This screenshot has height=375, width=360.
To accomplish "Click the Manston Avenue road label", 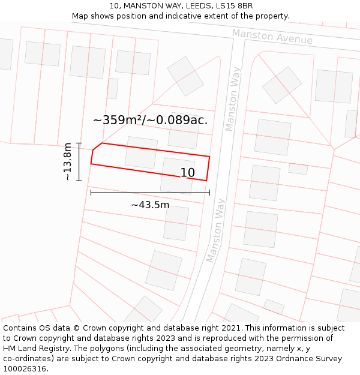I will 272,37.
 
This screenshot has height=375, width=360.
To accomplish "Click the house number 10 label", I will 188,173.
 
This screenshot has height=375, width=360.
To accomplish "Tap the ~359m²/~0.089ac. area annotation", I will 150,120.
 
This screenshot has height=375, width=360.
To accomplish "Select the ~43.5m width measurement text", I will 150,205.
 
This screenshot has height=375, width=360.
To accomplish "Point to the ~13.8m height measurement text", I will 68,161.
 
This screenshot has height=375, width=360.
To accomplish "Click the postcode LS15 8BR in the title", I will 233,6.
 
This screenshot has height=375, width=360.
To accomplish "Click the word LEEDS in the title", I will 186,6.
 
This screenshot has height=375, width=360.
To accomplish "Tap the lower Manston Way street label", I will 215,230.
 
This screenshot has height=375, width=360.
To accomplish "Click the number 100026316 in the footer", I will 25,368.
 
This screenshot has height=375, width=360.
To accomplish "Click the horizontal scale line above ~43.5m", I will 150,193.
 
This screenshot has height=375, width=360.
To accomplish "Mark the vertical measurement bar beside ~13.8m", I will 79,161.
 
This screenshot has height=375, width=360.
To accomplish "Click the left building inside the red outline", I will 141,152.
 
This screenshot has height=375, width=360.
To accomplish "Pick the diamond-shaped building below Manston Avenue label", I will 282,85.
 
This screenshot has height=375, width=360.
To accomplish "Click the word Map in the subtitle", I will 81,16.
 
